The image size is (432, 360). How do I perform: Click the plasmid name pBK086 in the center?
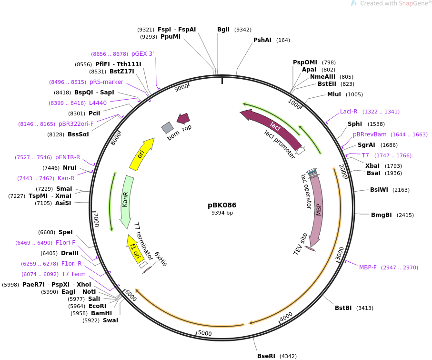[222, 205]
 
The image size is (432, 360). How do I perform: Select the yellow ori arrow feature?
[141, 154]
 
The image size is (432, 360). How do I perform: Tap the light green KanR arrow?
[126, 201]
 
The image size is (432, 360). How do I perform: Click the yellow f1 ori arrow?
[134, 249]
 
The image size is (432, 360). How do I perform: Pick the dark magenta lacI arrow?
[271, 127]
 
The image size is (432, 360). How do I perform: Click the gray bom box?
[167, 128]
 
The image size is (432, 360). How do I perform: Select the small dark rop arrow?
[183, 118]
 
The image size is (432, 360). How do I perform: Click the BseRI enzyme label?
[266, 356]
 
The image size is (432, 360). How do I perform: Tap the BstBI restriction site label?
[343, 308]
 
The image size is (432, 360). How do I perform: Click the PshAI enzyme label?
[262, 40]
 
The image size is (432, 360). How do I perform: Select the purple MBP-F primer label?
[368, 267]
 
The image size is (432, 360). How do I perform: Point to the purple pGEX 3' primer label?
[142, 54]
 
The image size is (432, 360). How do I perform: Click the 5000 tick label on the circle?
[205, 333]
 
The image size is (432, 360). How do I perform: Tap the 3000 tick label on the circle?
[340, 254]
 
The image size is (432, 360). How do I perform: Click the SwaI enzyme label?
[111, 320]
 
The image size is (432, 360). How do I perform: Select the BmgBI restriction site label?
[382, 215]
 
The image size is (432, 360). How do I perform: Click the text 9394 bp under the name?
[222, 213]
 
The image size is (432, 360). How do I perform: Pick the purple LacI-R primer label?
[349, 112]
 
